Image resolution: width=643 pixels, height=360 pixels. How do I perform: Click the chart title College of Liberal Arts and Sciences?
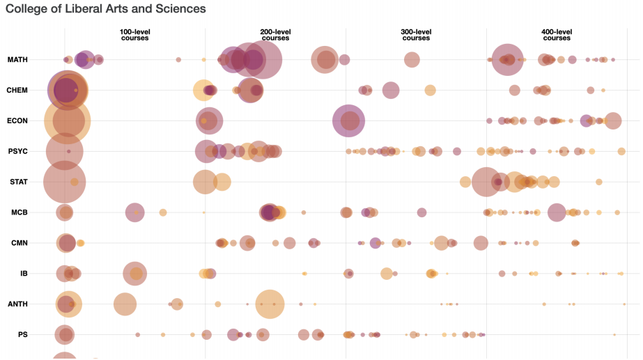(x=106, y=10)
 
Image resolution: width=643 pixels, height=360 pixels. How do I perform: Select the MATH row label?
(x=17, y=60)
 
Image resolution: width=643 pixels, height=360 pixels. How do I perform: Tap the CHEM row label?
(x=17, y=91)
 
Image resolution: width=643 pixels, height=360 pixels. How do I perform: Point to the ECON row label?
(x=17, y=121)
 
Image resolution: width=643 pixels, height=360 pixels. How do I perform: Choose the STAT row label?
(x=18, y=182)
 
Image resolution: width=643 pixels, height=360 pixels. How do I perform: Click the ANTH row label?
(x=17, y=304)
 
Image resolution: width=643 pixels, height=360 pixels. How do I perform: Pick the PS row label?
(x=22, y=335)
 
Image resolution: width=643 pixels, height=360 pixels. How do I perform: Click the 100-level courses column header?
(x=134, y=35)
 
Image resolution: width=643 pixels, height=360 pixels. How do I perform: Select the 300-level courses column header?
(x=416, y=35)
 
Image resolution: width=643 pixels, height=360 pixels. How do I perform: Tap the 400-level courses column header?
(x=557, y=35)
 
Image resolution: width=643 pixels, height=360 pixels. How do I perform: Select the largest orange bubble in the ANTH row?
(x=270, y=304)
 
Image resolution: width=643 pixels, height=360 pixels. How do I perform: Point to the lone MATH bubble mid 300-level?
(x=412, y=60)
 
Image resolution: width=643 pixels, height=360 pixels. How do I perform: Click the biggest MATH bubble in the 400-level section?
(x=507, y=60)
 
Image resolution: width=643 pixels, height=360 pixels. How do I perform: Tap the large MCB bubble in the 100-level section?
(x=135, y=212)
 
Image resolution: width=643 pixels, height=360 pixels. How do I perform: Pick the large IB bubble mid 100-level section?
(x=134, y=274)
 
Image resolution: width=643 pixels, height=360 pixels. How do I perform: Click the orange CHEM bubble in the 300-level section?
(x=430, y=90)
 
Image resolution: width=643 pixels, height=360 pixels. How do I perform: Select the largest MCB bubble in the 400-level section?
(x=556, y=212)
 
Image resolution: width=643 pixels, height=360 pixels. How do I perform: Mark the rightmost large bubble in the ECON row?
(x=612, y=120)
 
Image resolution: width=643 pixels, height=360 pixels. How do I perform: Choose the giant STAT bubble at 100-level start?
(x=64, y=182)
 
